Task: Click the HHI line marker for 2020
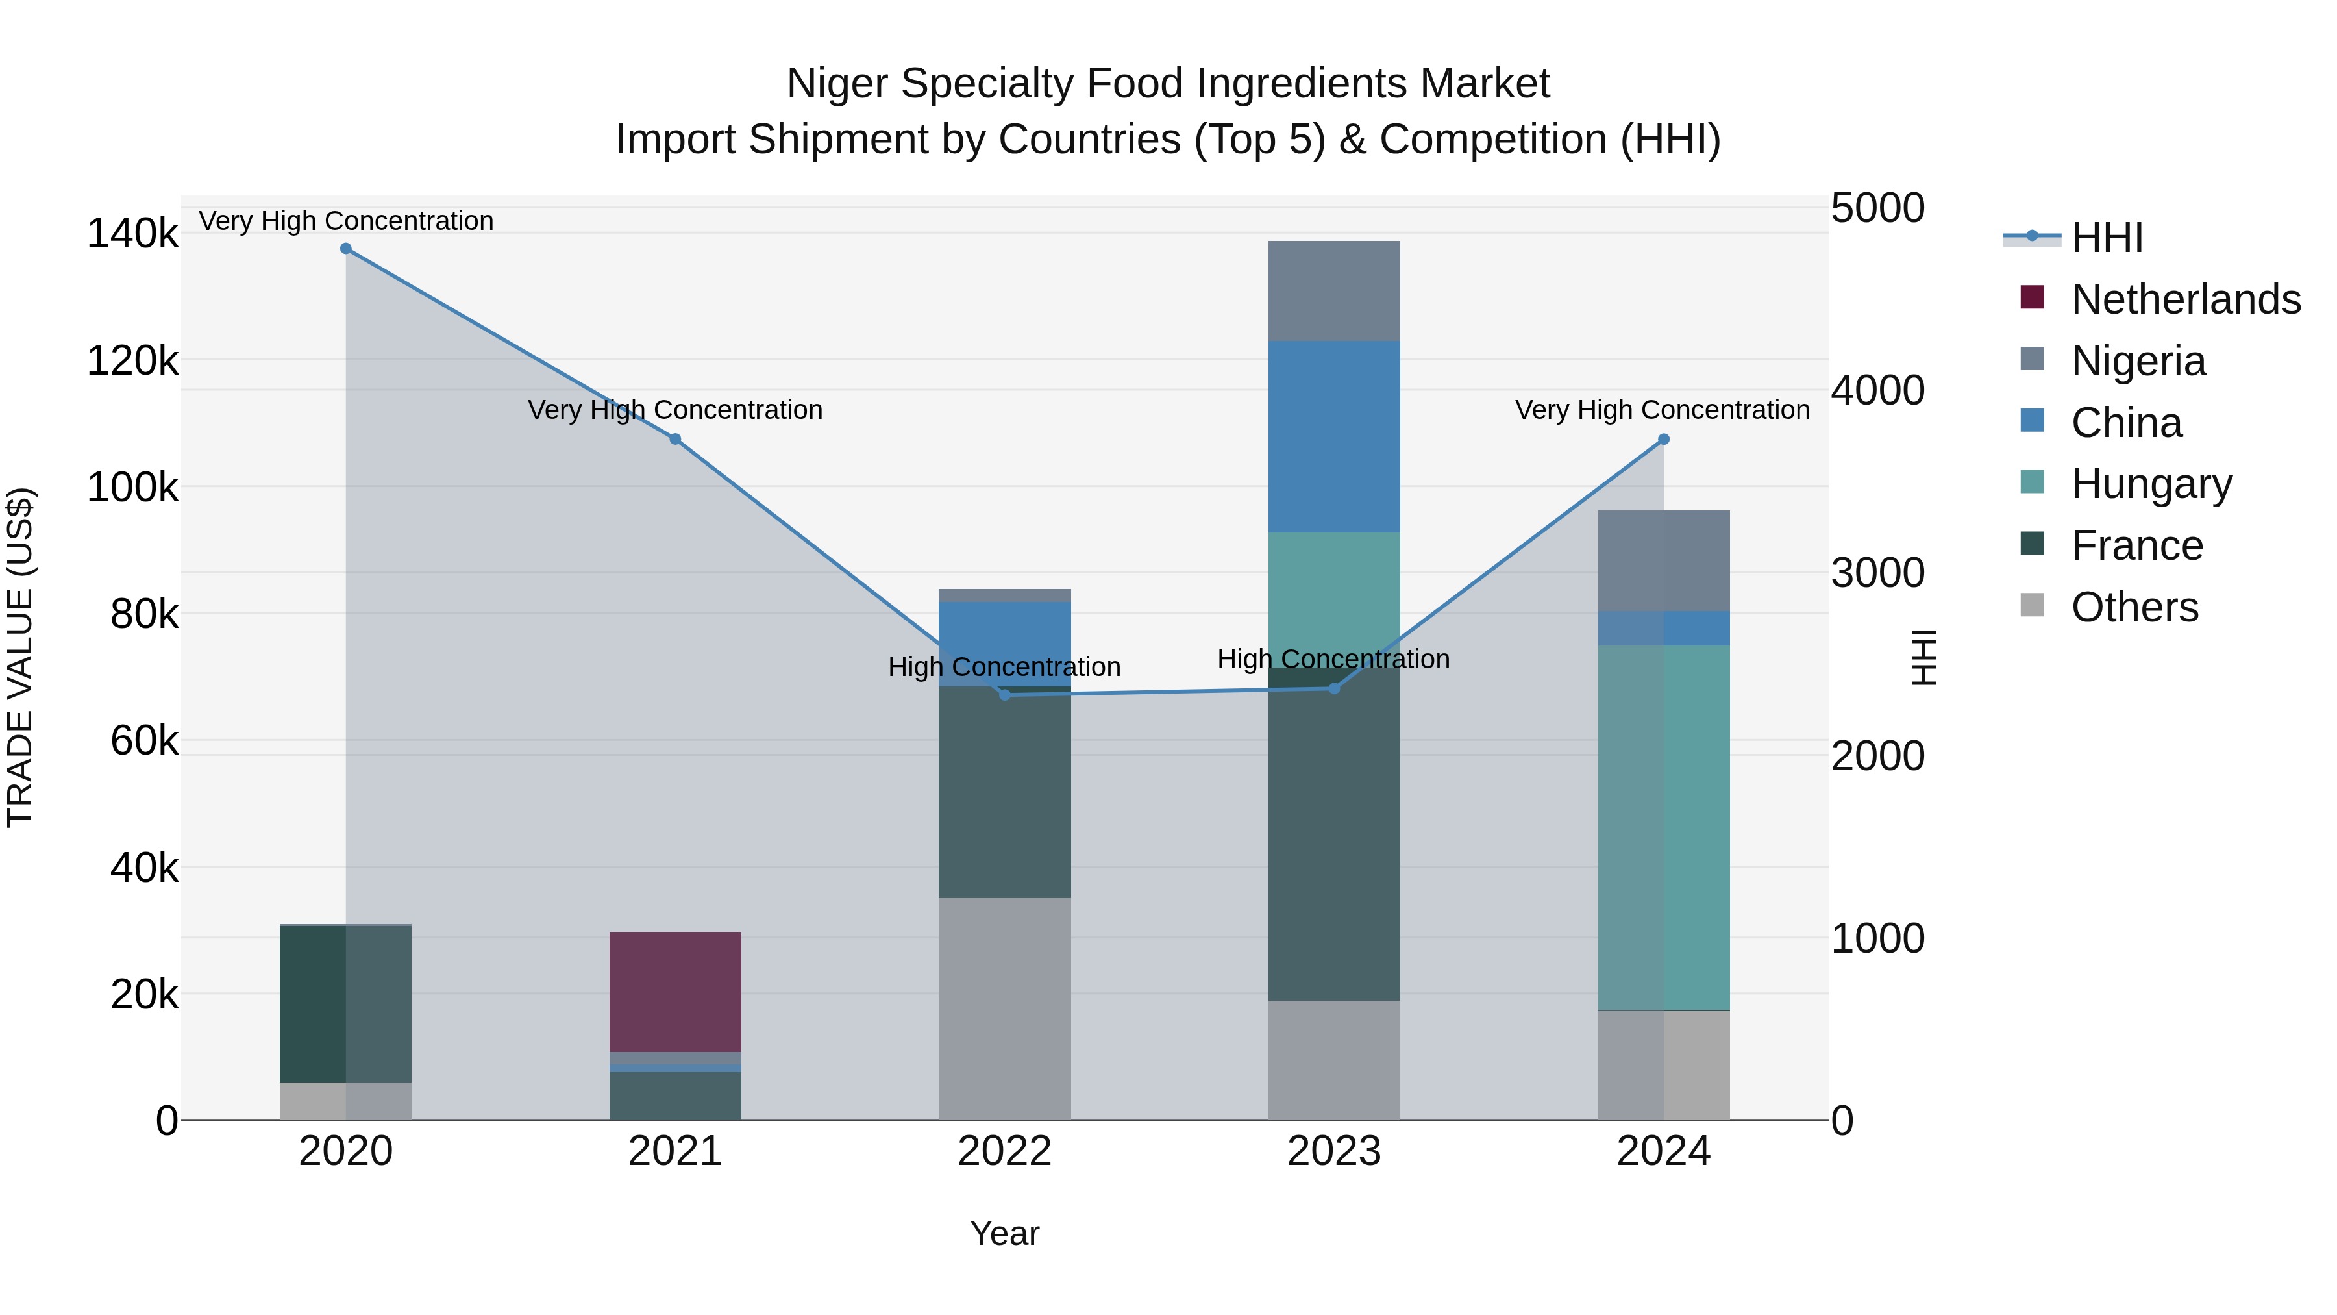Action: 345,249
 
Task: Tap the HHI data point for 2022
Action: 1004,695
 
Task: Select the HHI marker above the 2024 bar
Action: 1663,439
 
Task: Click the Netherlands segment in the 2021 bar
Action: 675,991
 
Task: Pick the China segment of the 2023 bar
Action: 1333,436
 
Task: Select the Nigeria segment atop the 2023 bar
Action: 1333,290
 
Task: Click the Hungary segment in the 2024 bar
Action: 1663,827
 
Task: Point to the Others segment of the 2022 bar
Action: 1004,1008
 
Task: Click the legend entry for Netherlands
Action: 2184,299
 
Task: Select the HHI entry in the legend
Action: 2106,238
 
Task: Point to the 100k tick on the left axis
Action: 132,487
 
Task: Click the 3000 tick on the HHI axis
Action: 1877,573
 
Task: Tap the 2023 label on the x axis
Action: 1333,1151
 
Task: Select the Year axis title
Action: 1004,1233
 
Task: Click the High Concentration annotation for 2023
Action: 1333,659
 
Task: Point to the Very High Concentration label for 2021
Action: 675,410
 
